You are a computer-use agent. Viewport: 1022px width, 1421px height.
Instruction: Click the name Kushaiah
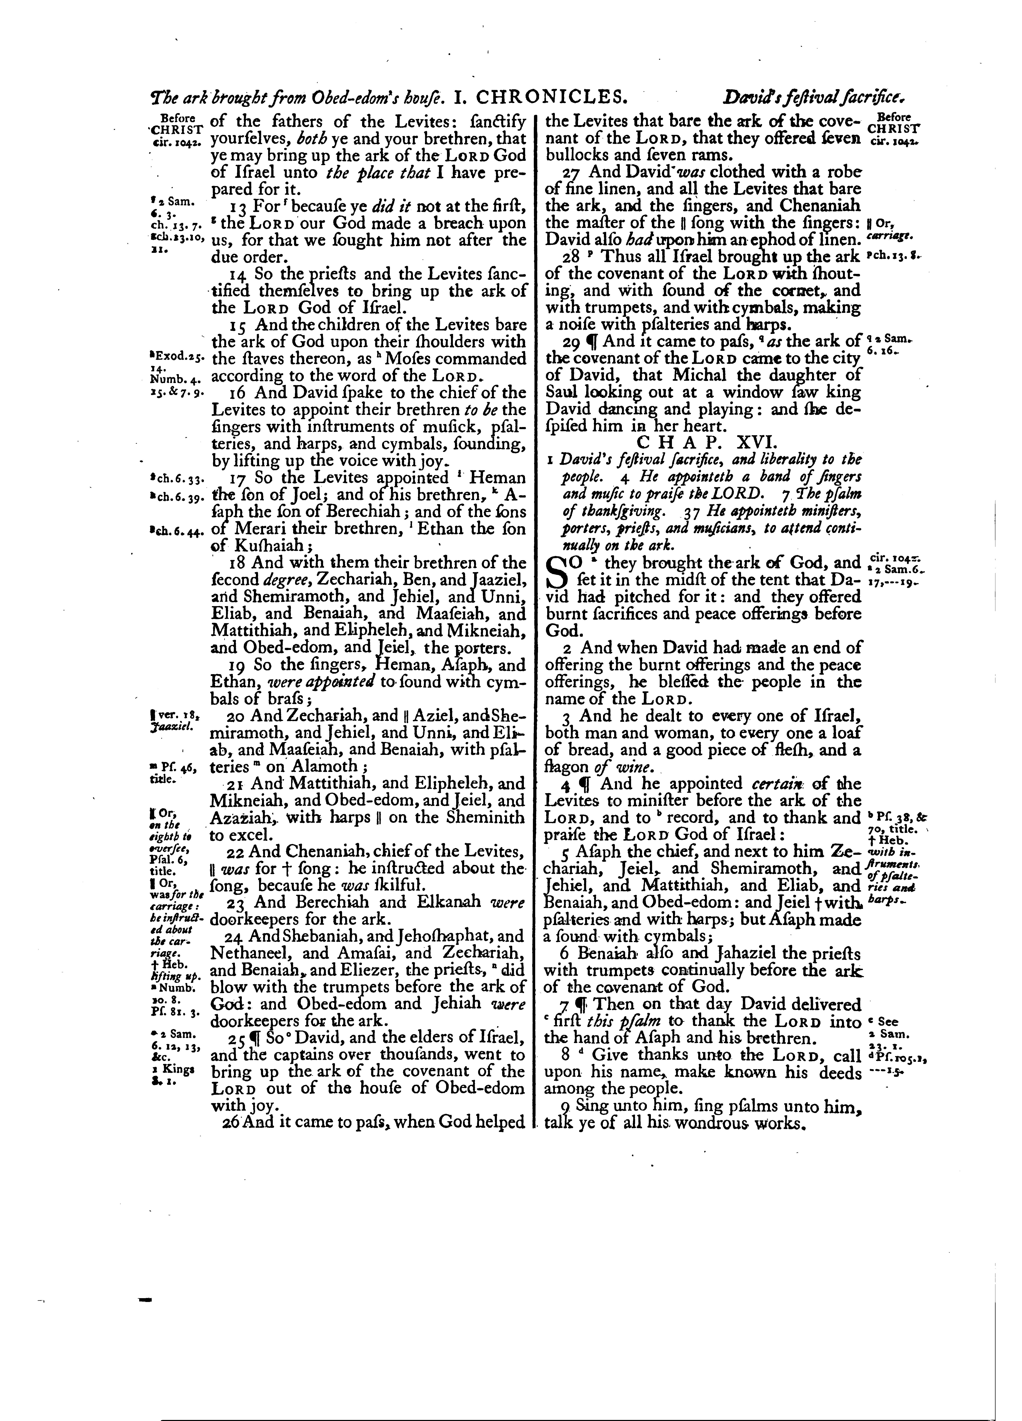[x=261, y=545]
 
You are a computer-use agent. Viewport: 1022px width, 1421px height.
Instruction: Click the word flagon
[x=567, y=768]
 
